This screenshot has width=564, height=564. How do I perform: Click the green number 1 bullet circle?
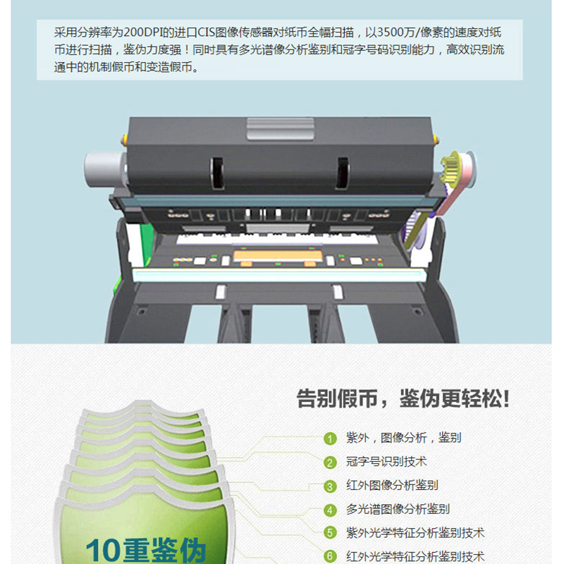click(x=330, y=439)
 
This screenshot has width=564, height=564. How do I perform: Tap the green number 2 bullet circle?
click(x=330, y=462)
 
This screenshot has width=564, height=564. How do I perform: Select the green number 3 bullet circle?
click(x=330, y=486)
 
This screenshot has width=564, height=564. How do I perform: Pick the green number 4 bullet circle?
click(x=330, y=510)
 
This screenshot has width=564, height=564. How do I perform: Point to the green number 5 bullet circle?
click(x=330, y=533)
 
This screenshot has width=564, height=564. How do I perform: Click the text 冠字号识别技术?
click(x=386, y=462)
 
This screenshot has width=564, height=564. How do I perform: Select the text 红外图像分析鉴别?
click(x=392, y=485)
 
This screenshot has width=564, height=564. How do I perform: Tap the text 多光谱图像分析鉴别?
click(x=398, y=509)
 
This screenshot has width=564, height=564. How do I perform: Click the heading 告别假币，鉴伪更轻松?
click(x=403, y=398)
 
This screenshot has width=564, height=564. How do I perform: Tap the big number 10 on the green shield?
click(x=104, y=551)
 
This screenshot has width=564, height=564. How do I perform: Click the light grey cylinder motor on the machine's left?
click(x=104, y=170)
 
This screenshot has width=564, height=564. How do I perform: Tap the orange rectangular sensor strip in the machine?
click(x=278, y=256)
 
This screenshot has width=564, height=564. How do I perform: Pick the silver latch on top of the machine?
click(x=280, y=129)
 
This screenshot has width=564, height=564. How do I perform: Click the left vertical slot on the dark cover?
click(x=217, y=173)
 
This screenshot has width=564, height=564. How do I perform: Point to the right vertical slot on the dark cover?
click(x=342, y=173)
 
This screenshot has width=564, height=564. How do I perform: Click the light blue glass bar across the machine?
click(x=279, y=275)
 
